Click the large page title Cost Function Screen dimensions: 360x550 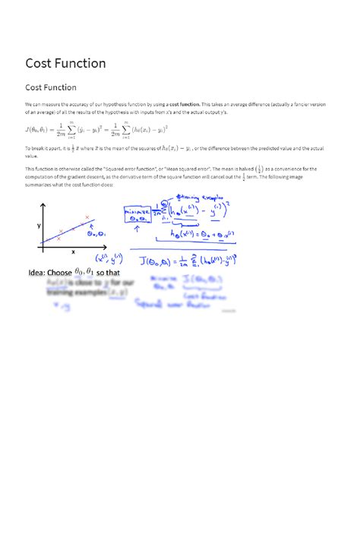(x=65, y=62)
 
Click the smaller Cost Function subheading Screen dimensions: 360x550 (x=51, y=88)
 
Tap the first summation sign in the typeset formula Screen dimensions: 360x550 (x=92, y=130)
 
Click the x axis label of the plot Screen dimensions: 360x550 (x=74, y=251)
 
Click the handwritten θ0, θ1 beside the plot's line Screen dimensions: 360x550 (x=97, y=234)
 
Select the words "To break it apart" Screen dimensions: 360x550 (x=42, y=149)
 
